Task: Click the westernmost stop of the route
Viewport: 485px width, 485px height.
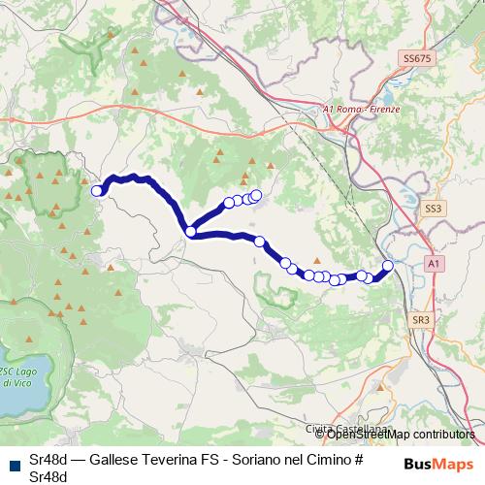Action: pyautogui.click(x=97, y=191)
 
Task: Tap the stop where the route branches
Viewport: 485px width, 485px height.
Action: pyautogui.click(x=191, y=232)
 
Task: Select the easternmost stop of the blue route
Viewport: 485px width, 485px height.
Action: pyautogui.click(x=388, y=265)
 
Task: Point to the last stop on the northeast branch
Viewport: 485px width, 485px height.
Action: pyautogui.click(x=257, y=194)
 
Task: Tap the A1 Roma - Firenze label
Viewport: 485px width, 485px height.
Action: pyautogui.click(x=361, y=110)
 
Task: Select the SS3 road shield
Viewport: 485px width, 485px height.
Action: pyautogui.click(x=433, y=208)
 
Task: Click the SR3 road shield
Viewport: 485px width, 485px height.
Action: pyautogui.click(x=420, y=319)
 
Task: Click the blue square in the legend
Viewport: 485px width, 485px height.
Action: pyautogui.click(x=12, y=461)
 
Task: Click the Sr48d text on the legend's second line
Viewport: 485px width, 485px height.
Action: pyautogui.click(x=48, y=476)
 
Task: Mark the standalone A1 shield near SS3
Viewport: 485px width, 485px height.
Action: pyautogui.click(x=434, y=263)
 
